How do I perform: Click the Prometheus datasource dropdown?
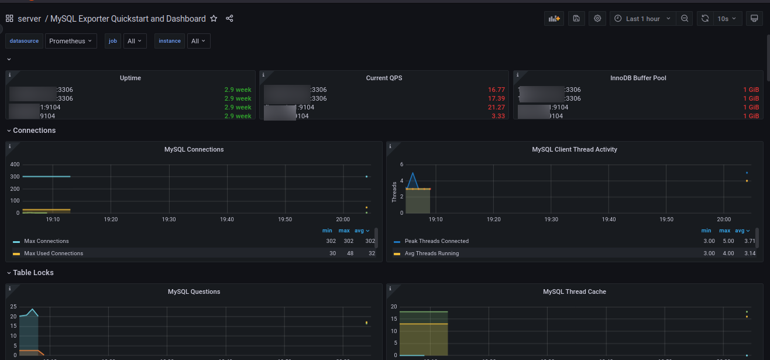point(71,41)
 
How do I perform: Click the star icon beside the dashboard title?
point(214,19)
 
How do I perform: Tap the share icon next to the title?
point(229,19)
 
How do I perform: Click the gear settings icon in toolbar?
point(597,19)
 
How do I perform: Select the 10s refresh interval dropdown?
point(726,19)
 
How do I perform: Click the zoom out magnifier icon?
point(685,19)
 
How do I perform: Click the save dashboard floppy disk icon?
point(576,19)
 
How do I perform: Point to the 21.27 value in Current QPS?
point(496,107)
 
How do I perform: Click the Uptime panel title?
point(130,78)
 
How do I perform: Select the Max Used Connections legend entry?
point(53,253)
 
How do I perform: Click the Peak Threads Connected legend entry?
point(436,241)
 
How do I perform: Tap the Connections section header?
point(34,131)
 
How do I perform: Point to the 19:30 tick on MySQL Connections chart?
point(169,220)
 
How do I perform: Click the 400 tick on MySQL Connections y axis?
point(15,164)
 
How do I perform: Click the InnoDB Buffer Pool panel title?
point(638,78)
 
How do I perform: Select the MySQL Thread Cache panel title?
point(574,292)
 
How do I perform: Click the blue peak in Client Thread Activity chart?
point(413,173)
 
